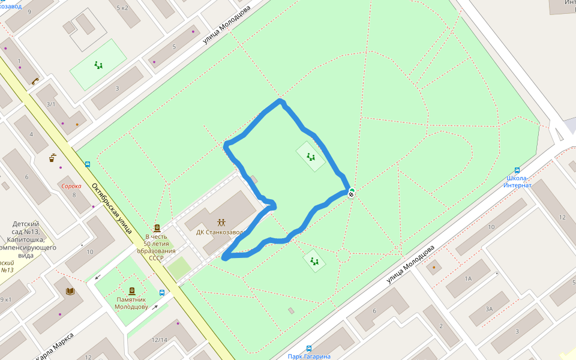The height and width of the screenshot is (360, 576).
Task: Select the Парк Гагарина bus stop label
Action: pyautogui.click(x=308, y=356)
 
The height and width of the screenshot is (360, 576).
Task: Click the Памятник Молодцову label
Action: pyautogui.click(x=131, y=303)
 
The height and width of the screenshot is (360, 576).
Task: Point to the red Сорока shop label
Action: pyautogui.click(x=71, y=186)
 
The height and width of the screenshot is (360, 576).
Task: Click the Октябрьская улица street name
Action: pyautogui.click(x=112, y=206)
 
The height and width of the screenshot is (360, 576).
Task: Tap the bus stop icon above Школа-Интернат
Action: pyautogui.click(x=517, y=170)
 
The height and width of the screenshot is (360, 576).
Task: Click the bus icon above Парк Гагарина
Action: pyautogui.click(x=309, y=348)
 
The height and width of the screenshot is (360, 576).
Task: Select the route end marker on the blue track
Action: pyautogui.click(x=351, y=193)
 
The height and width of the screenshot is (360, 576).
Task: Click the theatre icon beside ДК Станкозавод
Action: pyautogui.click(x=221, y=223)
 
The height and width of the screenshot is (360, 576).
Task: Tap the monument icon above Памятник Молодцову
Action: pyautogui.click(x=132, y=291)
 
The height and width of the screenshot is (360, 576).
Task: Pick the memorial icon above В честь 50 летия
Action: pyautogui.click(x=157, y=227)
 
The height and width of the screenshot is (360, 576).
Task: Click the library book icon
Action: pyautogui.click(x=70, y=292)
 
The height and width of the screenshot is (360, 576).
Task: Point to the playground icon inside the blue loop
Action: pyautogui.click(x=310, y=157)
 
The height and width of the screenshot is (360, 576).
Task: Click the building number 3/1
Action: pyautogui.click(x=51, y=104)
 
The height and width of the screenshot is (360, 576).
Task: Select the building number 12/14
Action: pyautogui.click(x=160, y=340)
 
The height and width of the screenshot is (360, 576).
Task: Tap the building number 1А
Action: pyautogui.click(x=468, y=278)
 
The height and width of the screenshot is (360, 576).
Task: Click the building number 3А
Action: pyautogui.click(x=489, y=309)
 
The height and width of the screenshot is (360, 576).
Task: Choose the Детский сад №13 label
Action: pyautogui.click(x=25, y=235)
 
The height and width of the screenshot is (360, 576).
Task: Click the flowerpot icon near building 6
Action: pyautogui.click(x=53, y=158)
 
